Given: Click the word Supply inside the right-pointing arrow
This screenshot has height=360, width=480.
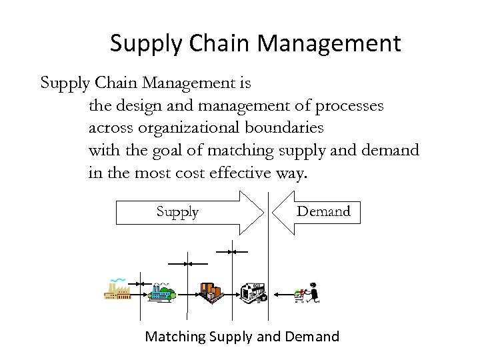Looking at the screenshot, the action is coord(177,212).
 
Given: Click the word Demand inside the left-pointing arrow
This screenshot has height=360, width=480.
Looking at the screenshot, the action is coord(323,212).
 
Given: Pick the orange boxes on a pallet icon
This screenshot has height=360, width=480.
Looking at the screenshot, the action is coord(211,291).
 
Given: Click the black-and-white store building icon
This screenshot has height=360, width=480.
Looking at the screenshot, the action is coord(253,290).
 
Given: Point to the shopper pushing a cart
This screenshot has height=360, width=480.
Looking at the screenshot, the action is coord(307,291).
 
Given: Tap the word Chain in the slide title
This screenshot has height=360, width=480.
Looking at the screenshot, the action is coord(217,44).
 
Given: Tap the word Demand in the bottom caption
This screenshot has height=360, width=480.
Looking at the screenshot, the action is coord(312,337).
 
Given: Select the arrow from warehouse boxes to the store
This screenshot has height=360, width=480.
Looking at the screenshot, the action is coord(232,291).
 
